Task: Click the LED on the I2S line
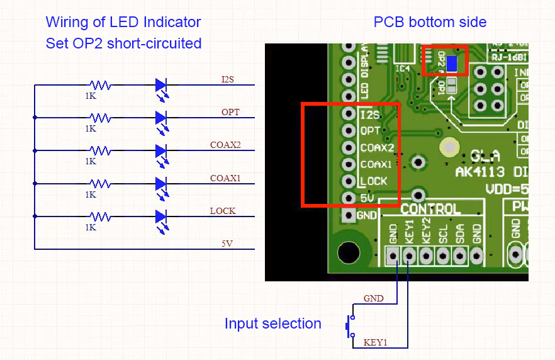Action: point(161,85)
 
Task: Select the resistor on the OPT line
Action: point(100,118)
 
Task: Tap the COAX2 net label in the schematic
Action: point(225,145)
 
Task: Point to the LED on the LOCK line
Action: point(161,217)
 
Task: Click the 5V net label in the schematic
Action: point(227,243)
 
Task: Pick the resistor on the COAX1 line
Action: point(100,184)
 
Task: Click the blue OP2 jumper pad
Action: point(451,64)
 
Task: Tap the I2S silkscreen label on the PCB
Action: point(370,115)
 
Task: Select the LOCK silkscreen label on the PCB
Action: point(373,181)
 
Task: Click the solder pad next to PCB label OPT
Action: point(348,132)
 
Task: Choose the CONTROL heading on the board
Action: point(431,209)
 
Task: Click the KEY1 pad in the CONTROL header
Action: point(409,255)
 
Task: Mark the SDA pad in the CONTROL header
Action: point(460,255)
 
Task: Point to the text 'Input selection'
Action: point(272,323)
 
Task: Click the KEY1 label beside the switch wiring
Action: point(375,342)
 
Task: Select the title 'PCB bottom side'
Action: point(430,22)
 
